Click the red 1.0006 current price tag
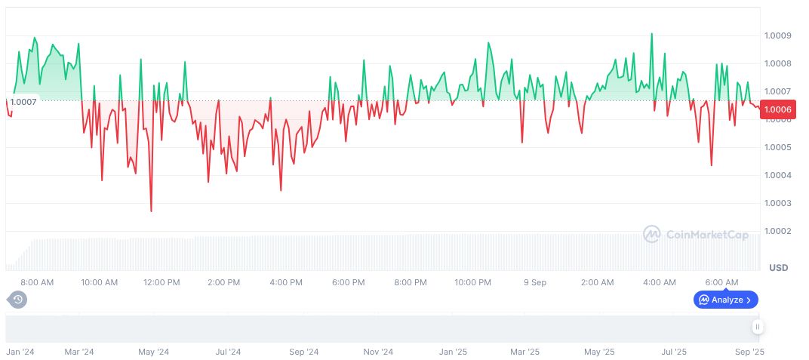coord(777,109)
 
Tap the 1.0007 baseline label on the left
coord(22,101)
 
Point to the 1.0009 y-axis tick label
coord(777,35)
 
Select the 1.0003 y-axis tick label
coord(777,203)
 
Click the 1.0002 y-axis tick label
coord(777,231)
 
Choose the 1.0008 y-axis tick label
coord(777,63)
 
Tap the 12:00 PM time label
coord(161,282)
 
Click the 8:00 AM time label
coord(37,282)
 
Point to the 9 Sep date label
coord(535,282)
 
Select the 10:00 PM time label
coord(473,282)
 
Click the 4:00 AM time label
coord(660,282)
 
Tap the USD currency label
coord(778,268)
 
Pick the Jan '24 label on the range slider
coord(20,352)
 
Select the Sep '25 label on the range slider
coord(749,352)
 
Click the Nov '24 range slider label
coord(378,352)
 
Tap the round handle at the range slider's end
coord(758,327)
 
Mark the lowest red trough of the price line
coord(151,211)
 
